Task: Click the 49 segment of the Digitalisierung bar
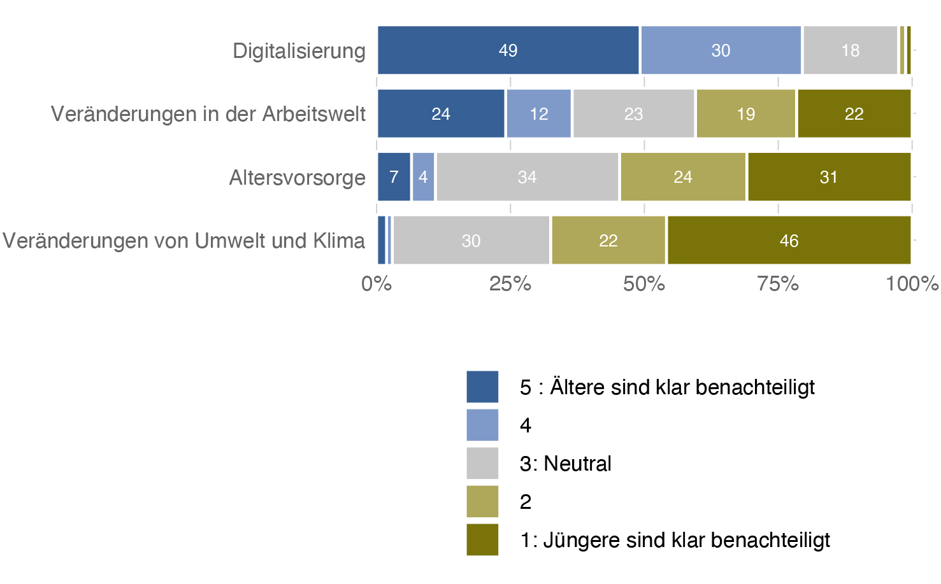508,50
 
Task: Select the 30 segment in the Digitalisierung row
721,50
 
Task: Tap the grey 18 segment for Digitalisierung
850,50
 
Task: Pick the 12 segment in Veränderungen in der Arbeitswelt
538,113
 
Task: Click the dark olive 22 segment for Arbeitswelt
854,113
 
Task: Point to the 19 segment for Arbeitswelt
745,113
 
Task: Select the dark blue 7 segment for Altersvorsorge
394,177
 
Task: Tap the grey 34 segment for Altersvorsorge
527,177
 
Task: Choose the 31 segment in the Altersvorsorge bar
828,177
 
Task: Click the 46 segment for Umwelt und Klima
789,240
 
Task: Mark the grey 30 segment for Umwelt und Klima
471,240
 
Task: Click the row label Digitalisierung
299,51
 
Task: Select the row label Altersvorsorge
297,178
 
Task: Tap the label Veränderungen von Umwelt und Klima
183,241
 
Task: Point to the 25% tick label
510,283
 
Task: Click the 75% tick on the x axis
777,283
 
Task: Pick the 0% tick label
376,283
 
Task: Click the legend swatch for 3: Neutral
482,463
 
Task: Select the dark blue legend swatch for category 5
482,387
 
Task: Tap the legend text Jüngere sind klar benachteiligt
686,540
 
